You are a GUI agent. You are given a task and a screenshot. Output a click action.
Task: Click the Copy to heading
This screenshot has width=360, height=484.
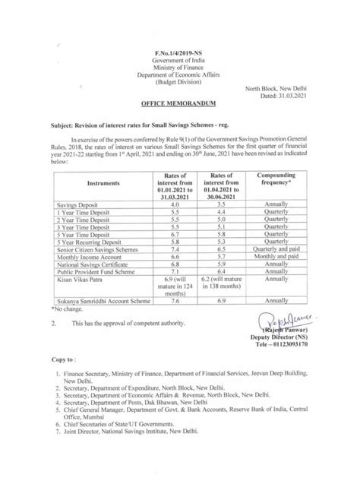[65, 396]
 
